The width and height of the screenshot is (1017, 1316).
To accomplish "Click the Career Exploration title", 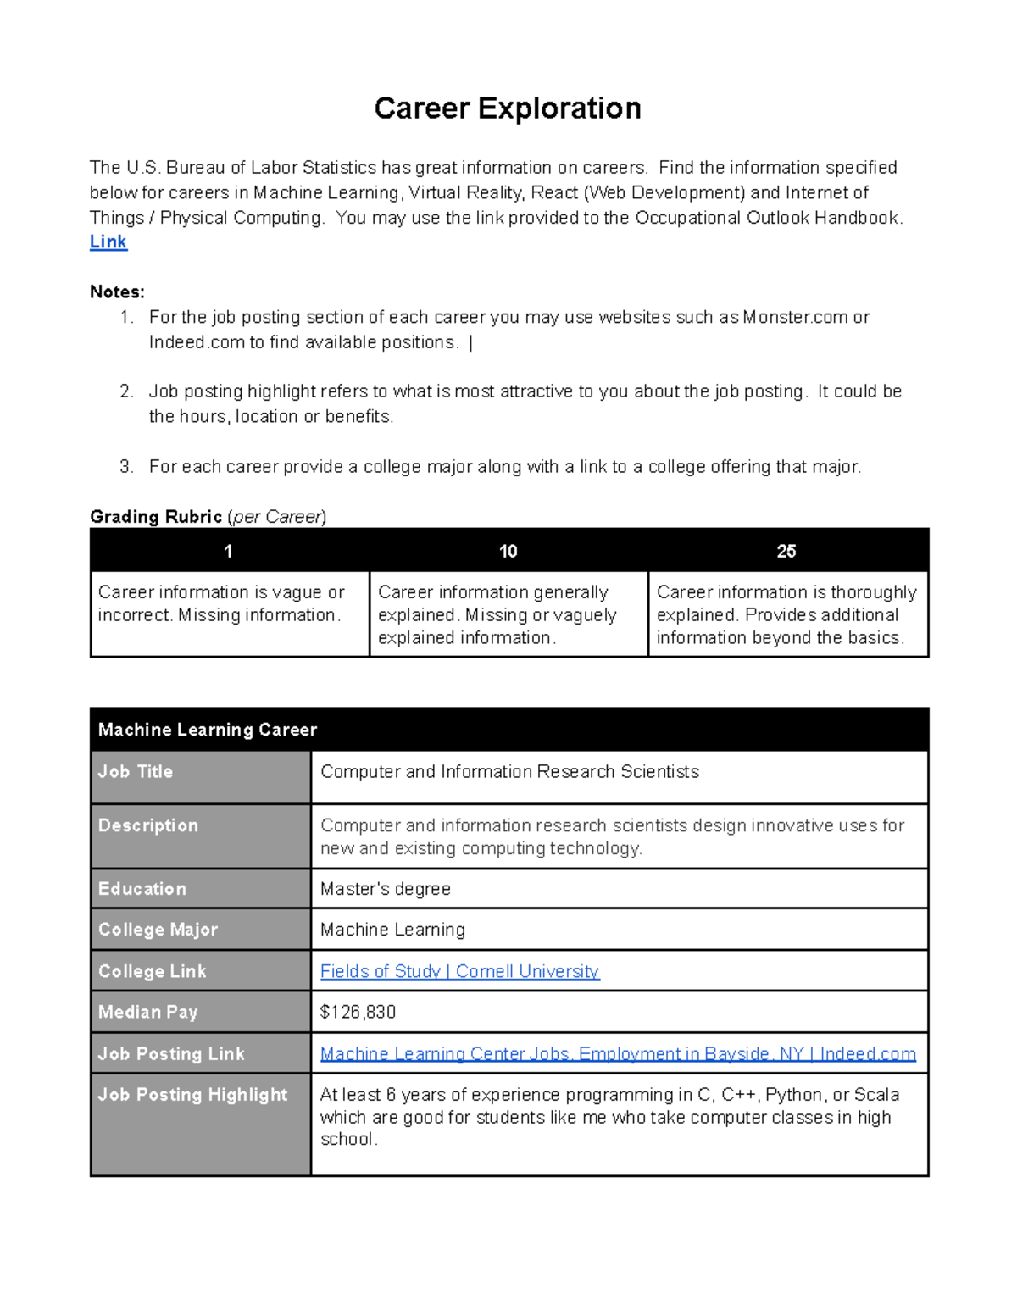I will click(x=508, y=108).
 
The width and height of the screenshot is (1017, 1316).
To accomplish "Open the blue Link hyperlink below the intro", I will click(x=108, y=242).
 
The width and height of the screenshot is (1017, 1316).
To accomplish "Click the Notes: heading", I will click(x=117, y=292).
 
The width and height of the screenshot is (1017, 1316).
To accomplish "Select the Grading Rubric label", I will click(x=156, y=517).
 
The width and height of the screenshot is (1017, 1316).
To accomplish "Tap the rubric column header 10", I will click(x=508, y=552).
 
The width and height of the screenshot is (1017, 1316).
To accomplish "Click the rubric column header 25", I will click(x=786, y=552).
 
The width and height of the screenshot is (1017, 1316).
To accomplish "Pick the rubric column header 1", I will click(x=228, y=552).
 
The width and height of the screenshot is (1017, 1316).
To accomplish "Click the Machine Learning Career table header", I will click(x=208, y=730).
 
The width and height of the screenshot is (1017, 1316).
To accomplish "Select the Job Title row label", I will click(x=136, y=772).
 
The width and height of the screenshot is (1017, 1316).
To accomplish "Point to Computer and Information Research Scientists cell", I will click(x=509, y=772).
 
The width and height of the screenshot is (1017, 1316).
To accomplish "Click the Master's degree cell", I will click(x=386, y=889).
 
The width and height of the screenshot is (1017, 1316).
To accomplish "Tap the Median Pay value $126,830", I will click(x=358, y=1013).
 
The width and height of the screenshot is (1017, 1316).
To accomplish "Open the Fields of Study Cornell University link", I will click(x=459, y=972).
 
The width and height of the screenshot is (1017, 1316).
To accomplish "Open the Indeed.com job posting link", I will click(x=618, y=1054).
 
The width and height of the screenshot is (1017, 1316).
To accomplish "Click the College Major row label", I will click(x=158, y=930).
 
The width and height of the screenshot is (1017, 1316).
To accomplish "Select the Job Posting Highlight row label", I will click(x=193, y=1095).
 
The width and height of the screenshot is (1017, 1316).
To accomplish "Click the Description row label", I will click(x=148, y=825).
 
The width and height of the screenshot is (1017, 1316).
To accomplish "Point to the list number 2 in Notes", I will click(x=126, y=391).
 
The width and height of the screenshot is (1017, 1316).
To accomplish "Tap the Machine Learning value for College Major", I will click(x=392, y=930).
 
